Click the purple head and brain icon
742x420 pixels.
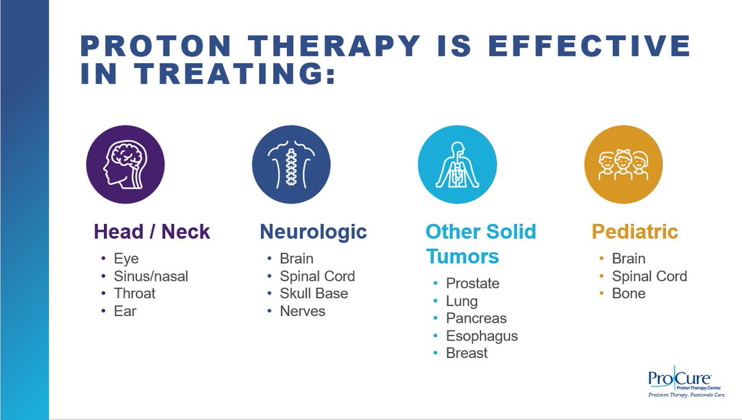pos(125,165)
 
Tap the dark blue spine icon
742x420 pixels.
pos(291,165)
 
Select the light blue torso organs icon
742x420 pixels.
pos(457,165)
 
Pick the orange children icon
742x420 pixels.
pos(623,165)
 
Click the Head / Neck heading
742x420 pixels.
pos(152,232)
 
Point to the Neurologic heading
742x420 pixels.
pos(313,232)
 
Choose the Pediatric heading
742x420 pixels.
pos(635,232)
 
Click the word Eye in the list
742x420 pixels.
pos(126,259)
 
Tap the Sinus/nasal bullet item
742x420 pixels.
pos(151,276)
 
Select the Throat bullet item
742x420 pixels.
pos(135,293)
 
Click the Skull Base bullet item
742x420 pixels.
pos(313,293)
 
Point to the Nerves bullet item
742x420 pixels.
pos(302,311)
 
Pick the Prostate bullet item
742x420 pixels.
pos(472,283)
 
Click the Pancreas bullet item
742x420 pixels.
pos(476,319)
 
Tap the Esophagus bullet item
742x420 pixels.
pos(482,336)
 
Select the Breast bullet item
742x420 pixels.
pos(467,353)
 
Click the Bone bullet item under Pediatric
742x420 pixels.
pos(628,293)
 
